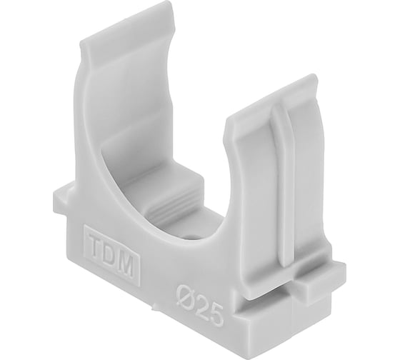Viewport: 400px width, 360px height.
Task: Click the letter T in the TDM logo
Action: click(x=96, y=246)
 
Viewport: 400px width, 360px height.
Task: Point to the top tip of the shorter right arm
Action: click(x=313, y=76)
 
